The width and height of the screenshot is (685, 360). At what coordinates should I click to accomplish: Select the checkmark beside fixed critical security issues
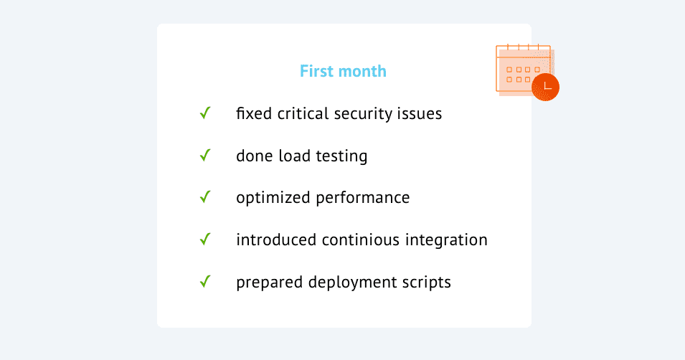click(205, 113)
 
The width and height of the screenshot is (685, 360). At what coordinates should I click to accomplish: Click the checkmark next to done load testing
click(205, 155)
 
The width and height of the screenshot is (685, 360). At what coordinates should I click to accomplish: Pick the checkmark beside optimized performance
click(205, 197)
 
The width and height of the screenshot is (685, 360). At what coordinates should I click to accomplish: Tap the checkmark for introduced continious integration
click(205, 240)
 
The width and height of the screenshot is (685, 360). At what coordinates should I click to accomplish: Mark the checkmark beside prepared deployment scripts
click(205, 281)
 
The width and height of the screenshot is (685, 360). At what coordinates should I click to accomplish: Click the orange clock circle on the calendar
click(546, 87)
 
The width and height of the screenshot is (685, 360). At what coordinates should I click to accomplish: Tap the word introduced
click(276, 240)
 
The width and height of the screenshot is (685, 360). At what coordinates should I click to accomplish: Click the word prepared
click(270, 283)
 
